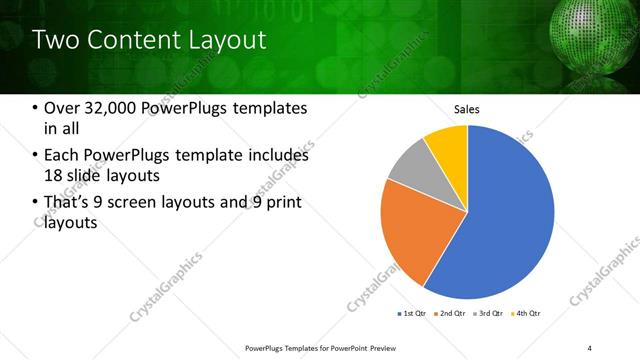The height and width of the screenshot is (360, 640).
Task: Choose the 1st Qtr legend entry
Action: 414,315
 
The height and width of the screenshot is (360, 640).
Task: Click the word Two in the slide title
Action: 56,40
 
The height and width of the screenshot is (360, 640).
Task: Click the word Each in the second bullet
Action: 62,155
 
